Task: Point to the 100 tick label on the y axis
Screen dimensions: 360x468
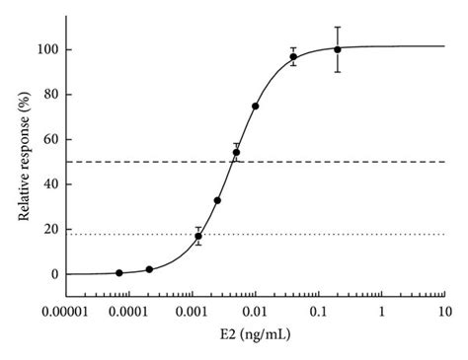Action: (x=46, y=49)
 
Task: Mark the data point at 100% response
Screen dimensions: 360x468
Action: (x=338, y=49)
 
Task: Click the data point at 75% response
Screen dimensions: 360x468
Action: (x=256, y=106)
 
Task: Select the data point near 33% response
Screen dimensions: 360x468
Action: (x=217, y=200)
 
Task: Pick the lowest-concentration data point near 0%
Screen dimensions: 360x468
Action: (x=119, y=272)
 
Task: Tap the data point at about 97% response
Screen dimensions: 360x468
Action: (x=293, y=56)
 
